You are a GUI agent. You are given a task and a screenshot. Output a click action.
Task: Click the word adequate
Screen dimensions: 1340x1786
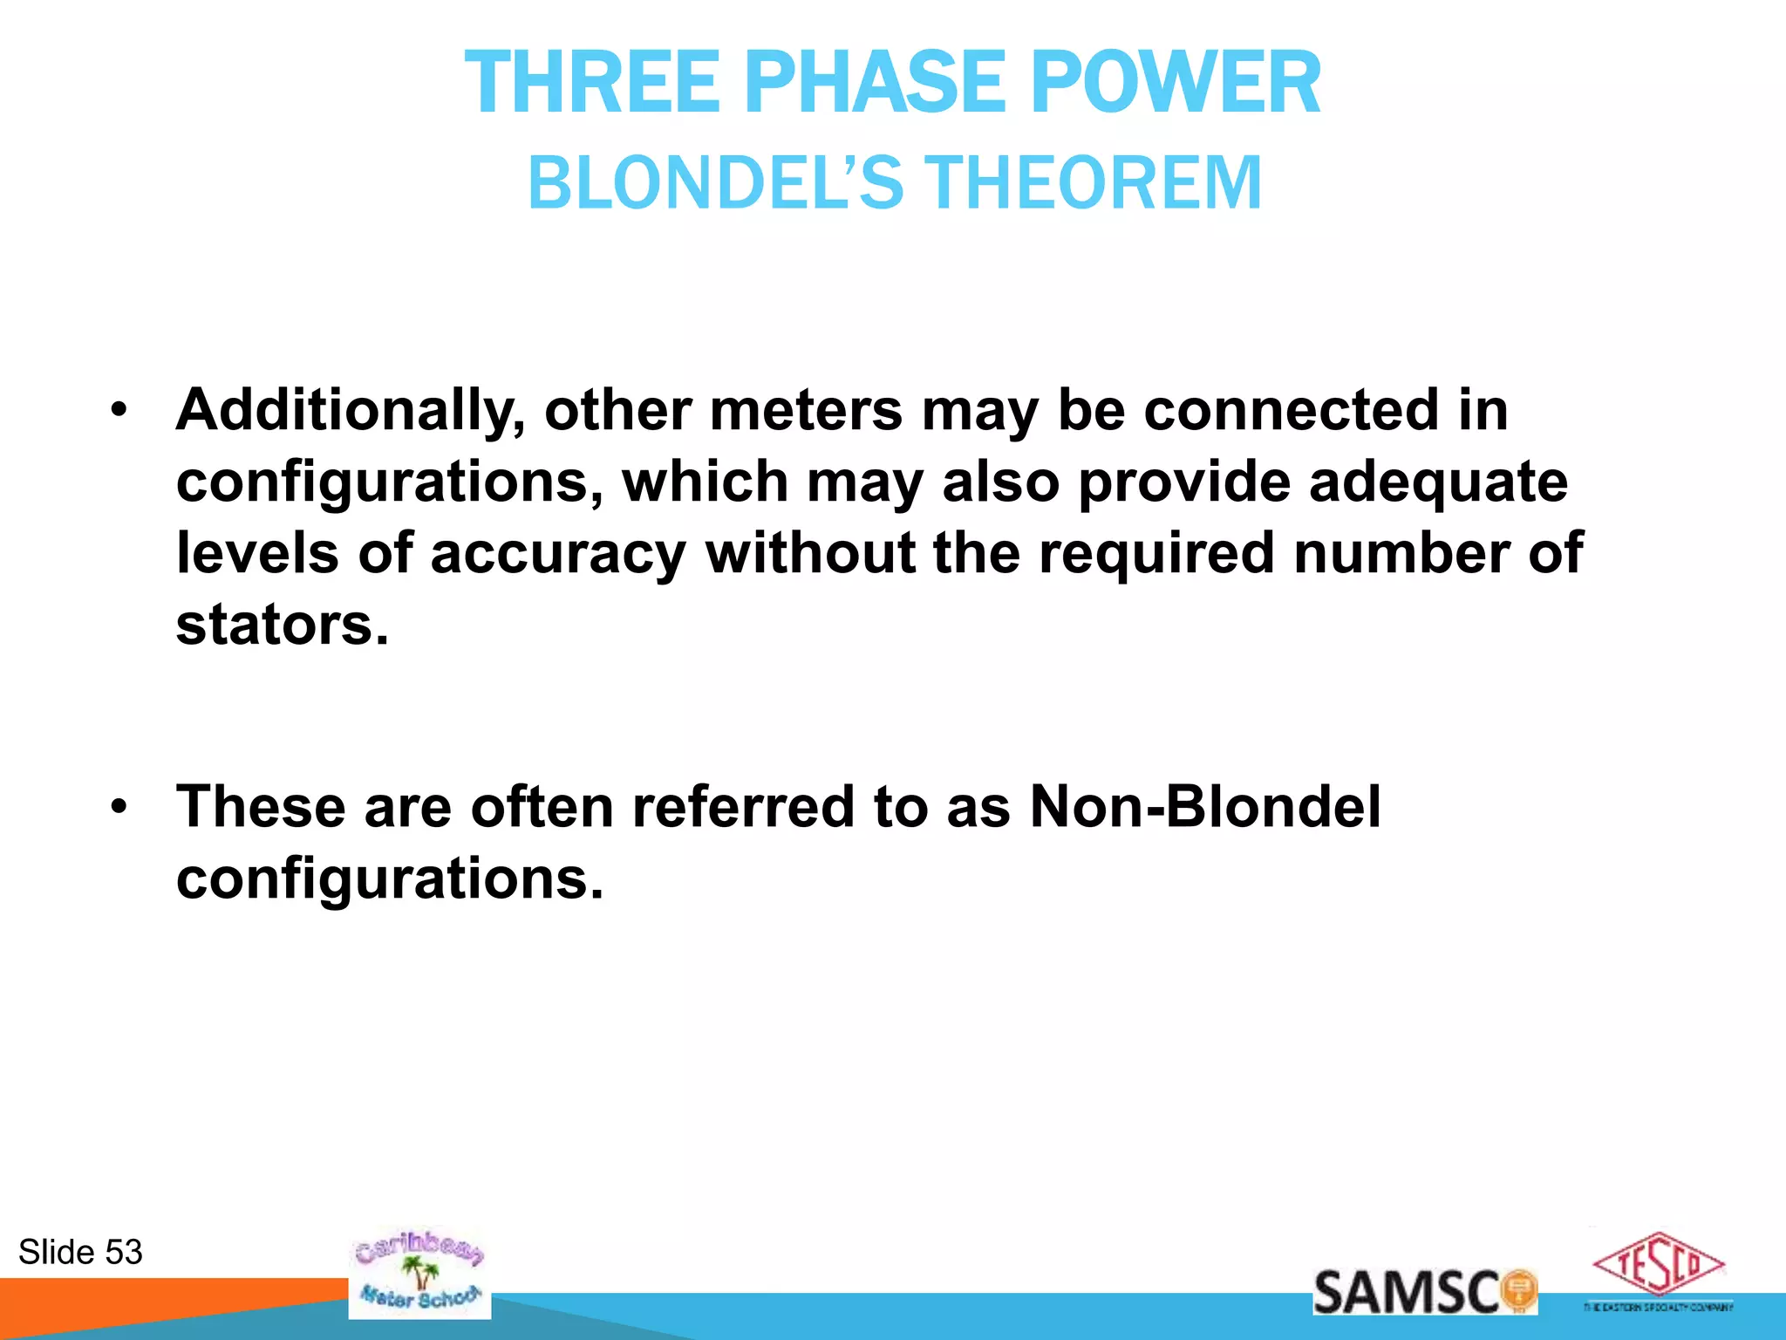click(x=1438, y=482)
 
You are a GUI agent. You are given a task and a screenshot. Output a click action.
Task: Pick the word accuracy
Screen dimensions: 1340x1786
click(x=558, y=553)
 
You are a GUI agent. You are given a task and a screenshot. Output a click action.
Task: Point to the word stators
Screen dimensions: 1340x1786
click(x=282, y=625)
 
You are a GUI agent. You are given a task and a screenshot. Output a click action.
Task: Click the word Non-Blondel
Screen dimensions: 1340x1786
click(x=1205, y=806)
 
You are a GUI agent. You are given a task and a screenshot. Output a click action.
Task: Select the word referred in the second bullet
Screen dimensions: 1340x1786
click(x=742, y=806)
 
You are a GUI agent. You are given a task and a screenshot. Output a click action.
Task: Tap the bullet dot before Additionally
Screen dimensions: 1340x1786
click(x=119, y=409)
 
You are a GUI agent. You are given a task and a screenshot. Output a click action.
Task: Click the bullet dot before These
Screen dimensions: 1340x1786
click(x=119, y=805)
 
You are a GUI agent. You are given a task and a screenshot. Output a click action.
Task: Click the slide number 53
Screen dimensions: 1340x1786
click(x=123, y=1252)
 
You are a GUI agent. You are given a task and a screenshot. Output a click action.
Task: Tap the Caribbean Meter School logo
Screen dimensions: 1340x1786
click(x=419, y=1274)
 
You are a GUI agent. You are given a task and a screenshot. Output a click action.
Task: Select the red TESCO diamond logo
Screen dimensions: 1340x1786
click(x=1658, y=1265)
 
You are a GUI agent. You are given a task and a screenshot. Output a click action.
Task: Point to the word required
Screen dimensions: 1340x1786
click(x=1155, y=553)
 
